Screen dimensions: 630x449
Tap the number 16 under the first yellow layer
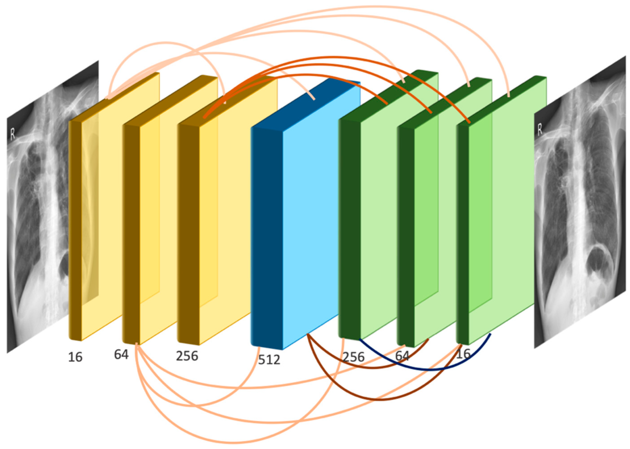[75, 357]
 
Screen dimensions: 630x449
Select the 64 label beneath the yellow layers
[121, 354]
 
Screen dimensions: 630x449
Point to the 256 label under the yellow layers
[187, 356]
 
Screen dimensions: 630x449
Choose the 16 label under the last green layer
[463, 354]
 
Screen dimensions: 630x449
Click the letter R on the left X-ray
[13, 134]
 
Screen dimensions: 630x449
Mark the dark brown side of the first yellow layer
[75, 229]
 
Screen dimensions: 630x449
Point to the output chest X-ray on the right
[580, 201]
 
